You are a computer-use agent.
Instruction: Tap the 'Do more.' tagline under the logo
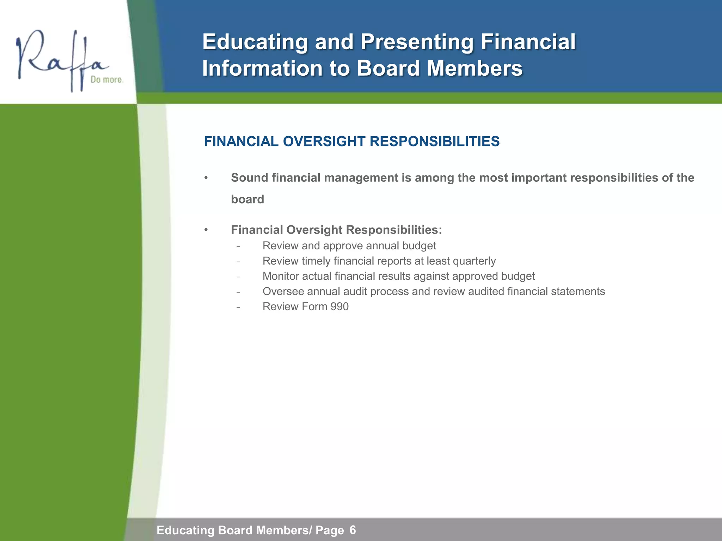click(107, 80)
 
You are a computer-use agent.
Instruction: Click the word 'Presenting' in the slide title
click(416, 42)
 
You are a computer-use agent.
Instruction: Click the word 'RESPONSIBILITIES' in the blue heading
click(434, 142)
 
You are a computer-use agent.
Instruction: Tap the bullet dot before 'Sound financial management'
click(206, 178)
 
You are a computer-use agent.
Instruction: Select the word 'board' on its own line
click(247, 199)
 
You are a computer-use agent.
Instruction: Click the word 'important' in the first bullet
click(539, 178)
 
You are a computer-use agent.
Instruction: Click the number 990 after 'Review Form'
click(339, 307)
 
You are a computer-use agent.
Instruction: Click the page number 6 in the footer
click(353, 530)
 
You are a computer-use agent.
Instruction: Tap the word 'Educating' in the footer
click(185, 530)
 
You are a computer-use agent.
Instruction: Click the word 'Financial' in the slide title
click(528, 42)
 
